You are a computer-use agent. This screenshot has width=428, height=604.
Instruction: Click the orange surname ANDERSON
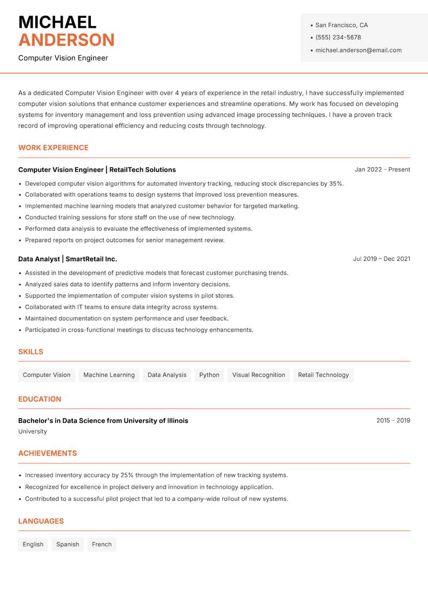pos(66,40)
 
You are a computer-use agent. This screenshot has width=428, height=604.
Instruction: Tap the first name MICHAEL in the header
pos(57,22)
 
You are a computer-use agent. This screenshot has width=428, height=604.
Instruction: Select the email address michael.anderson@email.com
pos(358,50)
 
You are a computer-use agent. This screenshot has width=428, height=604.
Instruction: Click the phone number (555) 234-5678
pos(338,37)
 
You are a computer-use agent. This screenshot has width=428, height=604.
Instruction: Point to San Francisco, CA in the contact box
pos(341,25)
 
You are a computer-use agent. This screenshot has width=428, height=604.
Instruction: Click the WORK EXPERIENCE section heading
pos(53,148)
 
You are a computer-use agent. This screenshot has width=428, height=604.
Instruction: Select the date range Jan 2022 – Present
pos(382,169)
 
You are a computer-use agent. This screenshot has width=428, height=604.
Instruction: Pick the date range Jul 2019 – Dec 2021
pos(381,259)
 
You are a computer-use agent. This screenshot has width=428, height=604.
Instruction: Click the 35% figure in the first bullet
pos(336,183)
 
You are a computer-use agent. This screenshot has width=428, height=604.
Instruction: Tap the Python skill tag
pos(209,375)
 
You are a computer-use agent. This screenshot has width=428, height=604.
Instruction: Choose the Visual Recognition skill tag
pos(258,375)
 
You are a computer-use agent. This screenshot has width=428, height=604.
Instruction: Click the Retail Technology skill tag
pos(323,375)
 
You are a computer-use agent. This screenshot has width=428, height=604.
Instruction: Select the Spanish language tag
pos(67,545)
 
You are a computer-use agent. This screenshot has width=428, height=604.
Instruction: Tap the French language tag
pos(102,545)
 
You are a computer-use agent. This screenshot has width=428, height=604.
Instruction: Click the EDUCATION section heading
pos(40,399)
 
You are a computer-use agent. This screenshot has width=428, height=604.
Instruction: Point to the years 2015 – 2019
pos(393,421)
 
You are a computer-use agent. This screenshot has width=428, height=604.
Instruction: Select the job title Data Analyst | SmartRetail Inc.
pos(67,259)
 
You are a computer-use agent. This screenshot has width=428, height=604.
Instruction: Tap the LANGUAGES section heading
pos(41,521)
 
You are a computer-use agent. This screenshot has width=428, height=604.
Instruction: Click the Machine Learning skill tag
pos(109,375)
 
